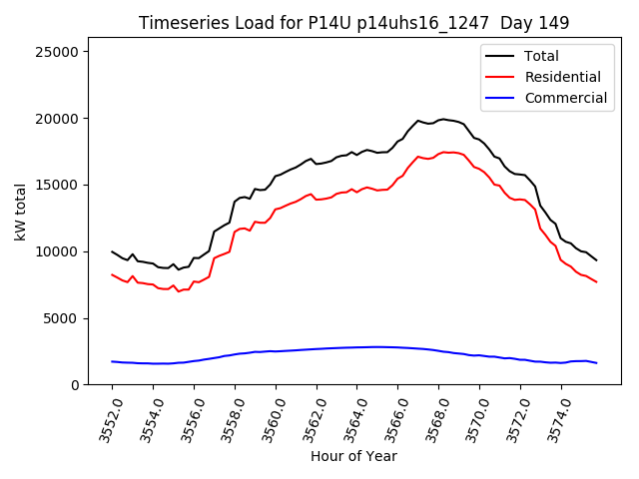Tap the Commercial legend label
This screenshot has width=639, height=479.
565,98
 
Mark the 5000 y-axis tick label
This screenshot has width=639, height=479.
68,318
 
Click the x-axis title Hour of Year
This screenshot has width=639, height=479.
353,456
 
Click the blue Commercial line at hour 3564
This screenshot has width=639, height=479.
357,347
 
